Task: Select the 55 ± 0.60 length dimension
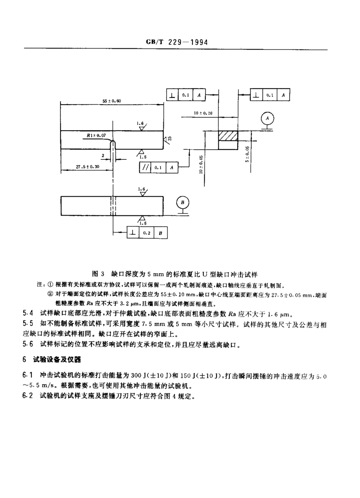pos(112,101)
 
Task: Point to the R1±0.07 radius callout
pos(96,134)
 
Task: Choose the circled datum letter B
pos(182,203)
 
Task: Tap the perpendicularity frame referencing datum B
pos(147,233)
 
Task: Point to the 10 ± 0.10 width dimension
pos(203,113)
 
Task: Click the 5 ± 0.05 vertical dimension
pos(247,154)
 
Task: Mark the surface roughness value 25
pos(169,138)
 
